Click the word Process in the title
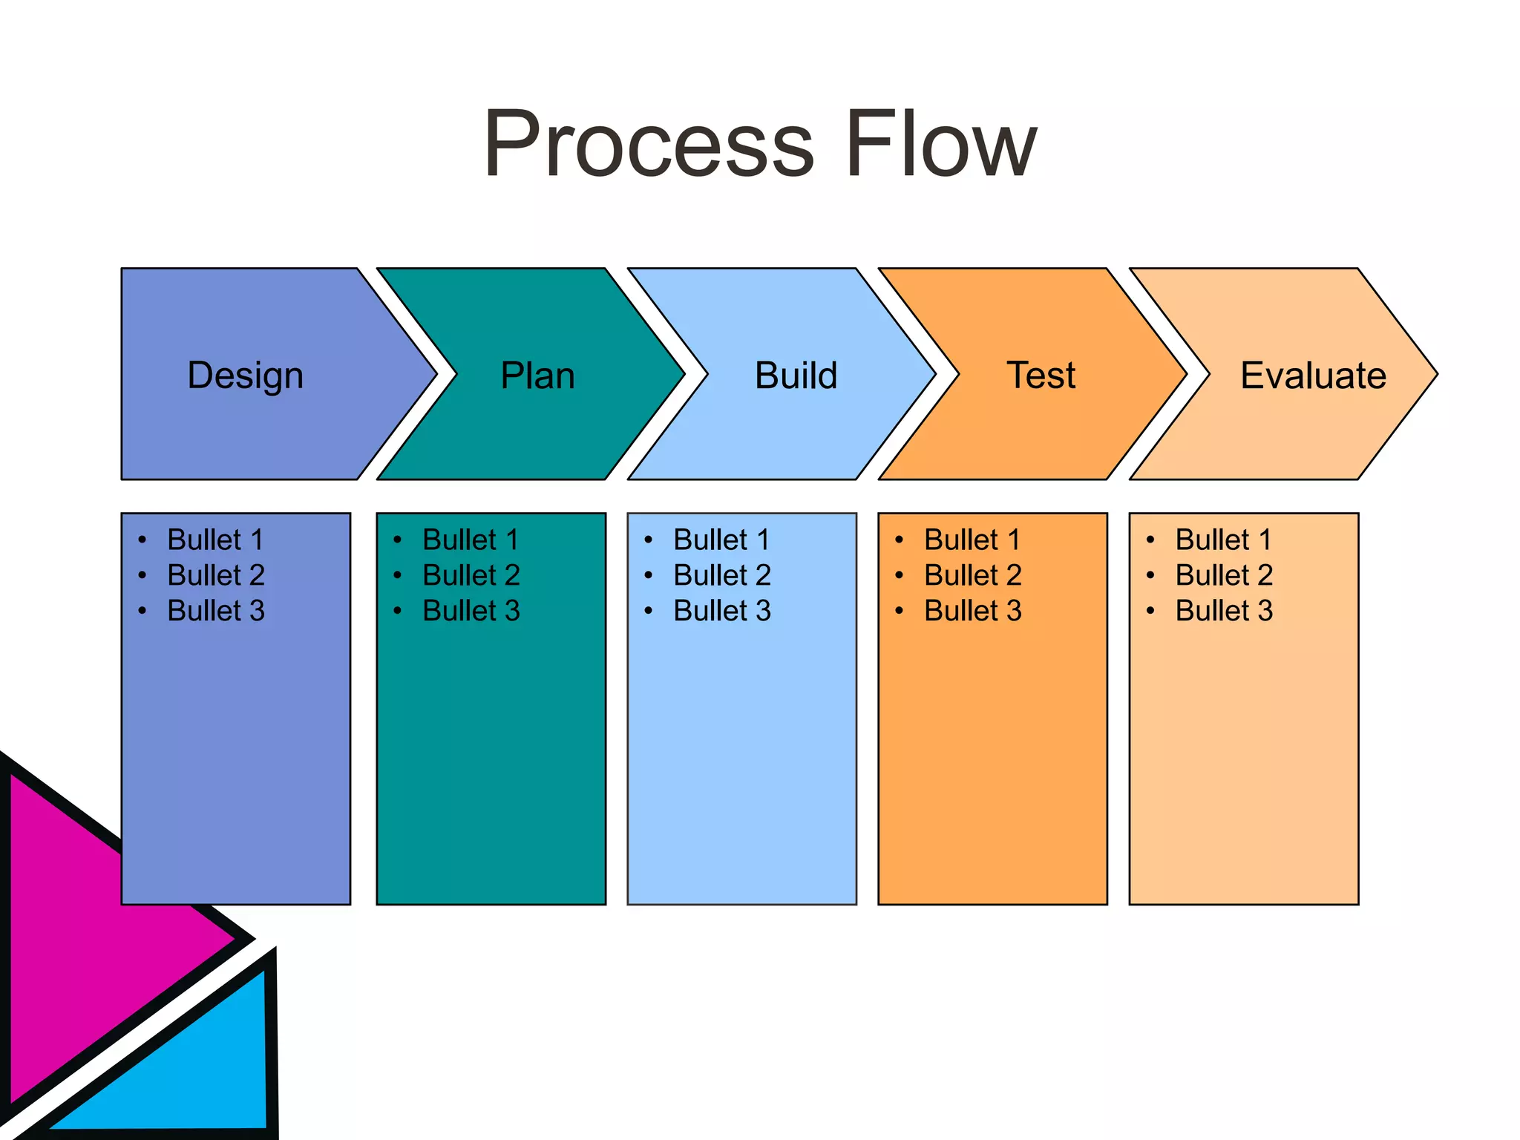(649, 145)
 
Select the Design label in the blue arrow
(245, 376)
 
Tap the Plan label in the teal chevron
(537, 376)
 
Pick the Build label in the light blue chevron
(796, 376)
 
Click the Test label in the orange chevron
(1041, 376)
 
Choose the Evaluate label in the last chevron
(1312, 376)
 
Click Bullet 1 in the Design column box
(215, 540)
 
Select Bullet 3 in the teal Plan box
(471, 611)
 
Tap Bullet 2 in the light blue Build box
(721, 575)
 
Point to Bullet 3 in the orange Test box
(972, 611)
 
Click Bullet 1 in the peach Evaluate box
(1223, 540)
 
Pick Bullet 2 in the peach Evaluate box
(1223, 575)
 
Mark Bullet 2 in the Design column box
(215, 575)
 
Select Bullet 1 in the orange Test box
(972, 540)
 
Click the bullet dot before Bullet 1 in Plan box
(398, 540)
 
